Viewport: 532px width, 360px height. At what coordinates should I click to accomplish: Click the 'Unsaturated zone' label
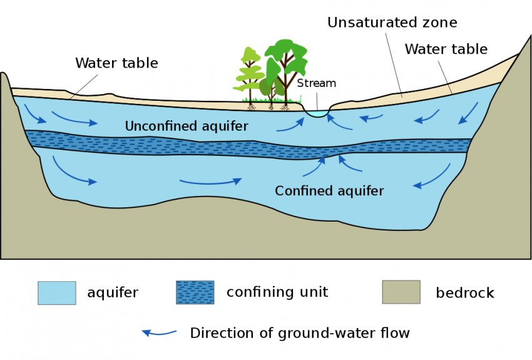pyautogui.click(x=392, y=23)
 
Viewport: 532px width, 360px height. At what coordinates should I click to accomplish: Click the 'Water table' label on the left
pyautogui.click(x=116, y=63)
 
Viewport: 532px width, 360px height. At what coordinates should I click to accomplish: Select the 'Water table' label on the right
pyautogui.click(x=446, y=49)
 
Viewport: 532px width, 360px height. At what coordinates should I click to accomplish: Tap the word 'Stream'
pyautogui.click(x=316, y=83)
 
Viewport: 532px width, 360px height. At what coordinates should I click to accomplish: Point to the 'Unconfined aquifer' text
pyautogui.click(x=187, y=126)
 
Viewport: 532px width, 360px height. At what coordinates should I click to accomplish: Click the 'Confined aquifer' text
pyautogui.click(x=329, y=190)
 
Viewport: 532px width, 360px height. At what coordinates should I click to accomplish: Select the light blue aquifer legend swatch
pyautogui.click(x=57, y=292)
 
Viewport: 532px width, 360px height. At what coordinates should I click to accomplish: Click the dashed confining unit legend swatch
pyautogui.click(x=195, y=292)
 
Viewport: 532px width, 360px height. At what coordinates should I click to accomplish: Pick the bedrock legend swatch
pyautogui.click(x=401, y=292)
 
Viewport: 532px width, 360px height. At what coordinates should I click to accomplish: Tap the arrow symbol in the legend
pyautogui.click(x=159, y=332)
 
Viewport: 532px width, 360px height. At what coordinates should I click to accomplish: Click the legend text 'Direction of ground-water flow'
pyautogui.click(x=300, y=333)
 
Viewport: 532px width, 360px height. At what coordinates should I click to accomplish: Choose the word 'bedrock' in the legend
pyautogui.click(x=464, y=293)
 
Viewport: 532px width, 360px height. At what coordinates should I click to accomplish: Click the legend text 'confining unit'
pyautogui.click(x=277, y=292)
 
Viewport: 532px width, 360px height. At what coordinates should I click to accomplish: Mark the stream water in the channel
pyautogui.click(x=317, y=114)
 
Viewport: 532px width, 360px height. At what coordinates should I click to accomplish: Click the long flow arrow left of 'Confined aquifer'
pyautogui.click(x=210, y=182)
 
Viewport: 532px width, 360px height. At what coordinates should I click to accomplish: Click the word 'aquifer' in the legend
pyautogui.click(x=113, y=293)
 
